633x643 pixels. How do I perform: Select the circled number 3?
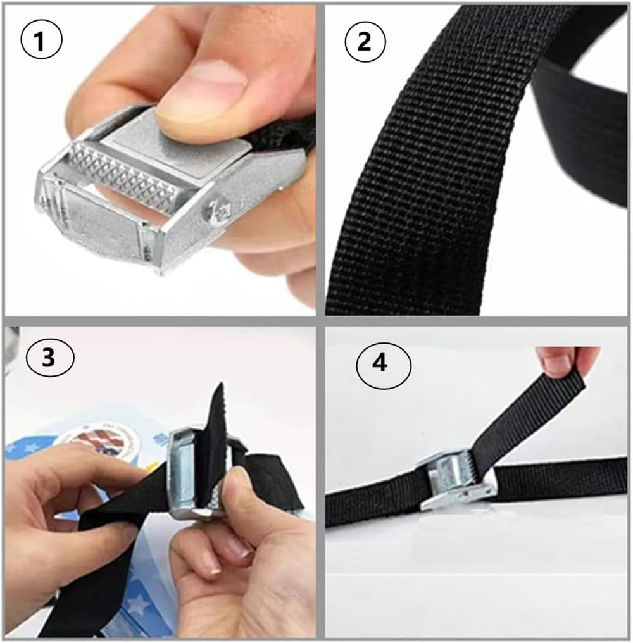click(49, 358)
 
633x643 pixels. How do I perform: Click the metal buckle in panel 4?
click(453, 484)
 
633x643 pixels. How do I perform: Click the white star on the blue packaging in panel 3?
click(136, 604)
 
